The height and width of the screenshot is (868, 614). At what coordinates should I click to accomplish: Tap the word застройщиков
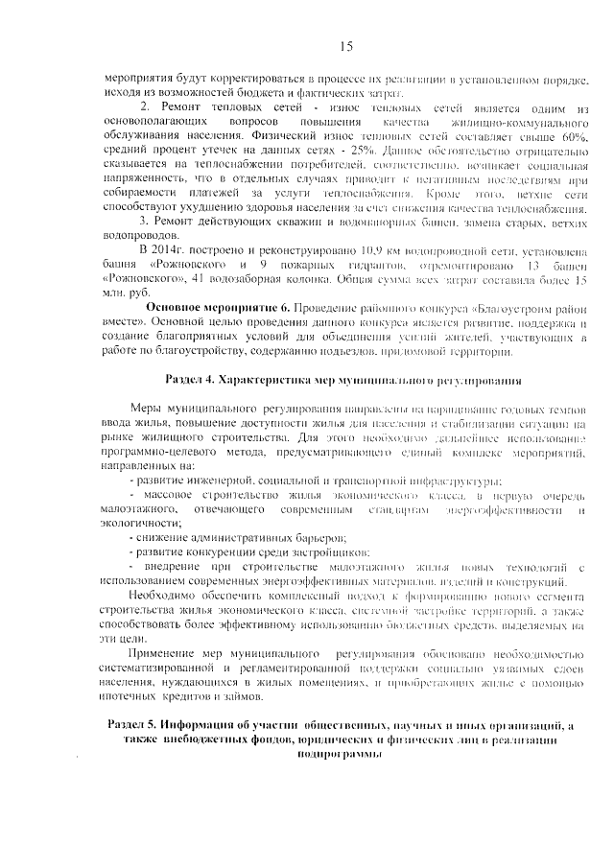(328, 553)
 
